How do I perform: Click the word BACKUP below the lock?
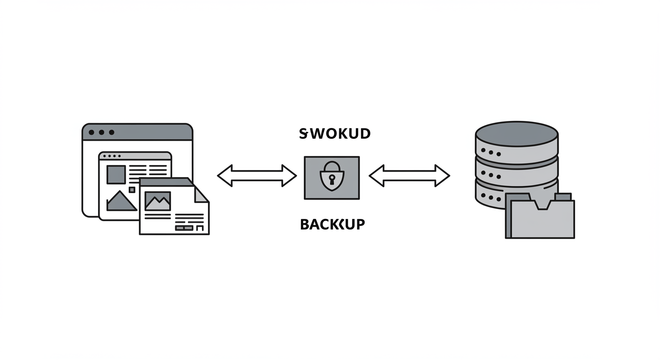(x=332, y=225)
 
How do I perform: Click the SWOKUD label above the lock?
(x=335, y=134)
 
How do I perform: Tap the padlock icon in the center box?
(x=331, y=177)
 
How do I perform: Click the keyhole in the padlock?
(x=332, y=179)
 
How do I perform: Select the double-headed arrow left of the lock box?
(x=257, y=176)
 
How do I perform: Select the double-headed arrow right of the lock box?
(x=409, y=176)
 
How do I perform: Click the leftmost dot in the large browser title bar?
(x=91, y=133)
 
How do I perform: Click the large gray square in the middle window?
(x=116, y=174)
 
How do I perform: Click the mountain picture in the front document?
(x=157, y=201)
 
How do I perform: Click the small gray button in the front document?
(x=184, y=228)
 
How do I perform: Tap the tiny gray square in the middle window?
(x=132, y=190)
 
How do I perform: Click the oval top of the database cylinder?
(x=517, y=134)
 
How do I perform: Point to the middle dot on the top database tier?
(x=491, y=152)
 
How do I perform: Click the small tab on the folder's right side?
(x=562, y=197)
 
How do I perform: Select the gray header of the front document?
(x=164, y=182)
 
